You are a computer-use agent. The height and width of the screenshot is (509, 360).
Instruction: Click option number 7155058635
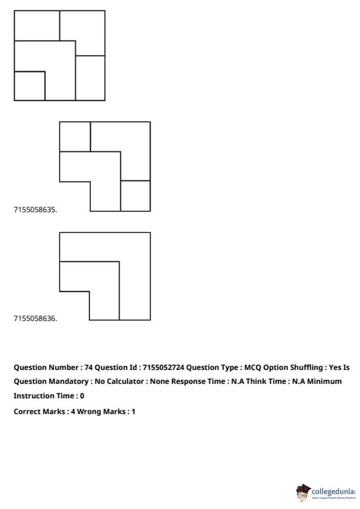click(x=35, y=210)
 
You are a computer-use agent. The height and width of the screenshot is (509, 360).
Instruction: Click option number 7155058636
click(x=35, y=319)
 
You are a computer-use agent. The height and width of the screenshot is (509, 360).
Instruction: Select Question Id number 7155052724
click(x=163, y=368)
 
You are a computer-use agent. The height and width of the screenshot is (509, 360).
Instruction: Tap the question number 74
click(x=88, y=368)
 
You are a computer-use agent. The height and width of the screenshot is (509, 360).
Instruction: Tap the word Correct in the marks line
click(x=26, y=412)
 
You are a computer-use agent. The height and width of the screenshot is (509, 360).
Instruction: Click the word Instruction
click(x=33, y=396)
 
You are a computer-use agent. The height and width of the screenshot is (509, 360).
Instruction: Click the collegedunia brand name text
click(x=333, y=491)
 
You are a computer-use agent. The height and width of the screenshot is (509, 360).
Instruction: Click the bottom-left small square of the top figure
click(x=30, y=86)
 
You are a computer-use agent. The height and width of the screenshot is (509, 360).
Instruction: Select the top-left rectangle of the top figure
click(x=37, y=25)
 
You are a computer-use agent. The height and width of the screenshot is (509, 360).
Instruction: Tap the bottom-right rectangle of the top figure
click(x=90, y=78)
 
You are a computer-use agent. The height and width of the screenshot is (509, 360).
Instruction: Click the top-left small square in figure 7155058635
click(x=75, y=137)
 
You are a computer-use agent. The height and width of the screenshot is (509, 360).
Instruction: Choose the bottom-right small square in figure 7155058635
click(x=136, y=196)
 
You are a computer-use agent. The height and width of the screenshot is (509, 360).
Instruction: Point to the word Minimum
click(x=324, y=381)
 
